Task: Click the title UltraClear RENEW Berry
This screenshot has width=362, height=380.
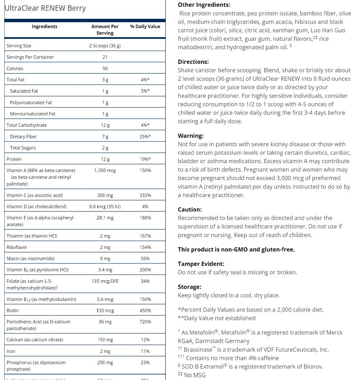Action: [45, 8]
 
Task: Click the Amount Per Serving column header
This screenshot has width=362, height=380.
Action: [105, 30]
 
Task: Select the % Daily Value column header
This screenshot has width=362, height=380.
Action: [145, 26]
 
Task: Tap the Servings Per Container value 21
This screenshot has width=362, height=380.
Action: [105, 57]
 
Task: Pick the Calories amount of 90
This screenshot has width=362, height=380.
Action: [105, 68]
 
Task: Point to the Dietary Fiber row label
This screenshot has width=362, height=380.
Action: [23, 137]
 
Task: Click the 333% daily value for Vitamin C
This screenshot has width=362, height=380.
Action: [145, 195]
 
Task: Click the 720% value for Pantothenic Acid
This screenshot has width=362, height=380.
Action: [145, 322]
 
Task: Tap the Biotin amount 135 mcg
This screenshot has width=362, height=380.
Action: [105, 311]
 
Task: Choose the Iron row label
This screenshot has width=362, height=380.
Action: [11, 351]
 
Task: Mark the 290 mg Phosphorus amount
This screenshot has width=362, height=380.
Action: [105, 363]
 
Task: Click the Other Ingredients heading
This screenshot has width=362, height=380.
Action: [204, 5]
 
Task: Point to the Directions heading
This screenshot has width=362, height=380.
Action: [193, 62]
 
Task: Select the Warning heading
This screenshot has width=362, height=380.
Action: [191, 136]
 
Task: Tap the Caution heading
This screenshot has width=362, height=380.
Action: [190, 209]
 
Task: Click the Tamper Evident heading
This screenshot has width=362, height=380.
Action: [201, 264]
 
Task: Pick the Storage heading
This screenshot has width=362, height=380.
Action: [189, 287]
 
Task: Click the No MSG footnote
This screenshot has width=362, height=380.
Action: [195, 375]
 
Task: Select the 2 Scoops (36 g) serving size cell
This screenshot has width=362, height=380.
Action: [105, 46]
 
